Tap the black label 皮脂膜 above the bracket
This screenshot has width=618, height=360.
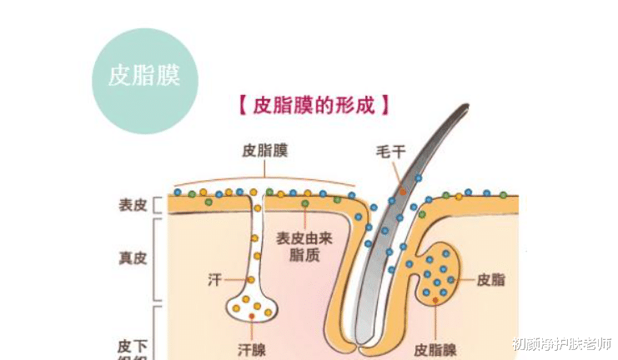point(265,152)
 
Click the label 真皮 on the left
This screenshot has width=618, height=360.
point(133,257)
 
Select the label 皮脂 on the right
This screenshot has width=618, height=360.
point(490,280)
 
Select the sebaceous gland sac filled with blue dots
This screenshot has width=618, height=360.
point(434,275)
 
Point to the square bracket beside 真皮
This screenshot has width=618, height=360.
point(158,258)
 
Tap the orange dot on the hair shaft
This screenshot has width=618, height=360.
point(402,191)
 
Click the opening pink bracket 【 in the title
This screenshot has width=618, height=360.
point(241,107)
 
